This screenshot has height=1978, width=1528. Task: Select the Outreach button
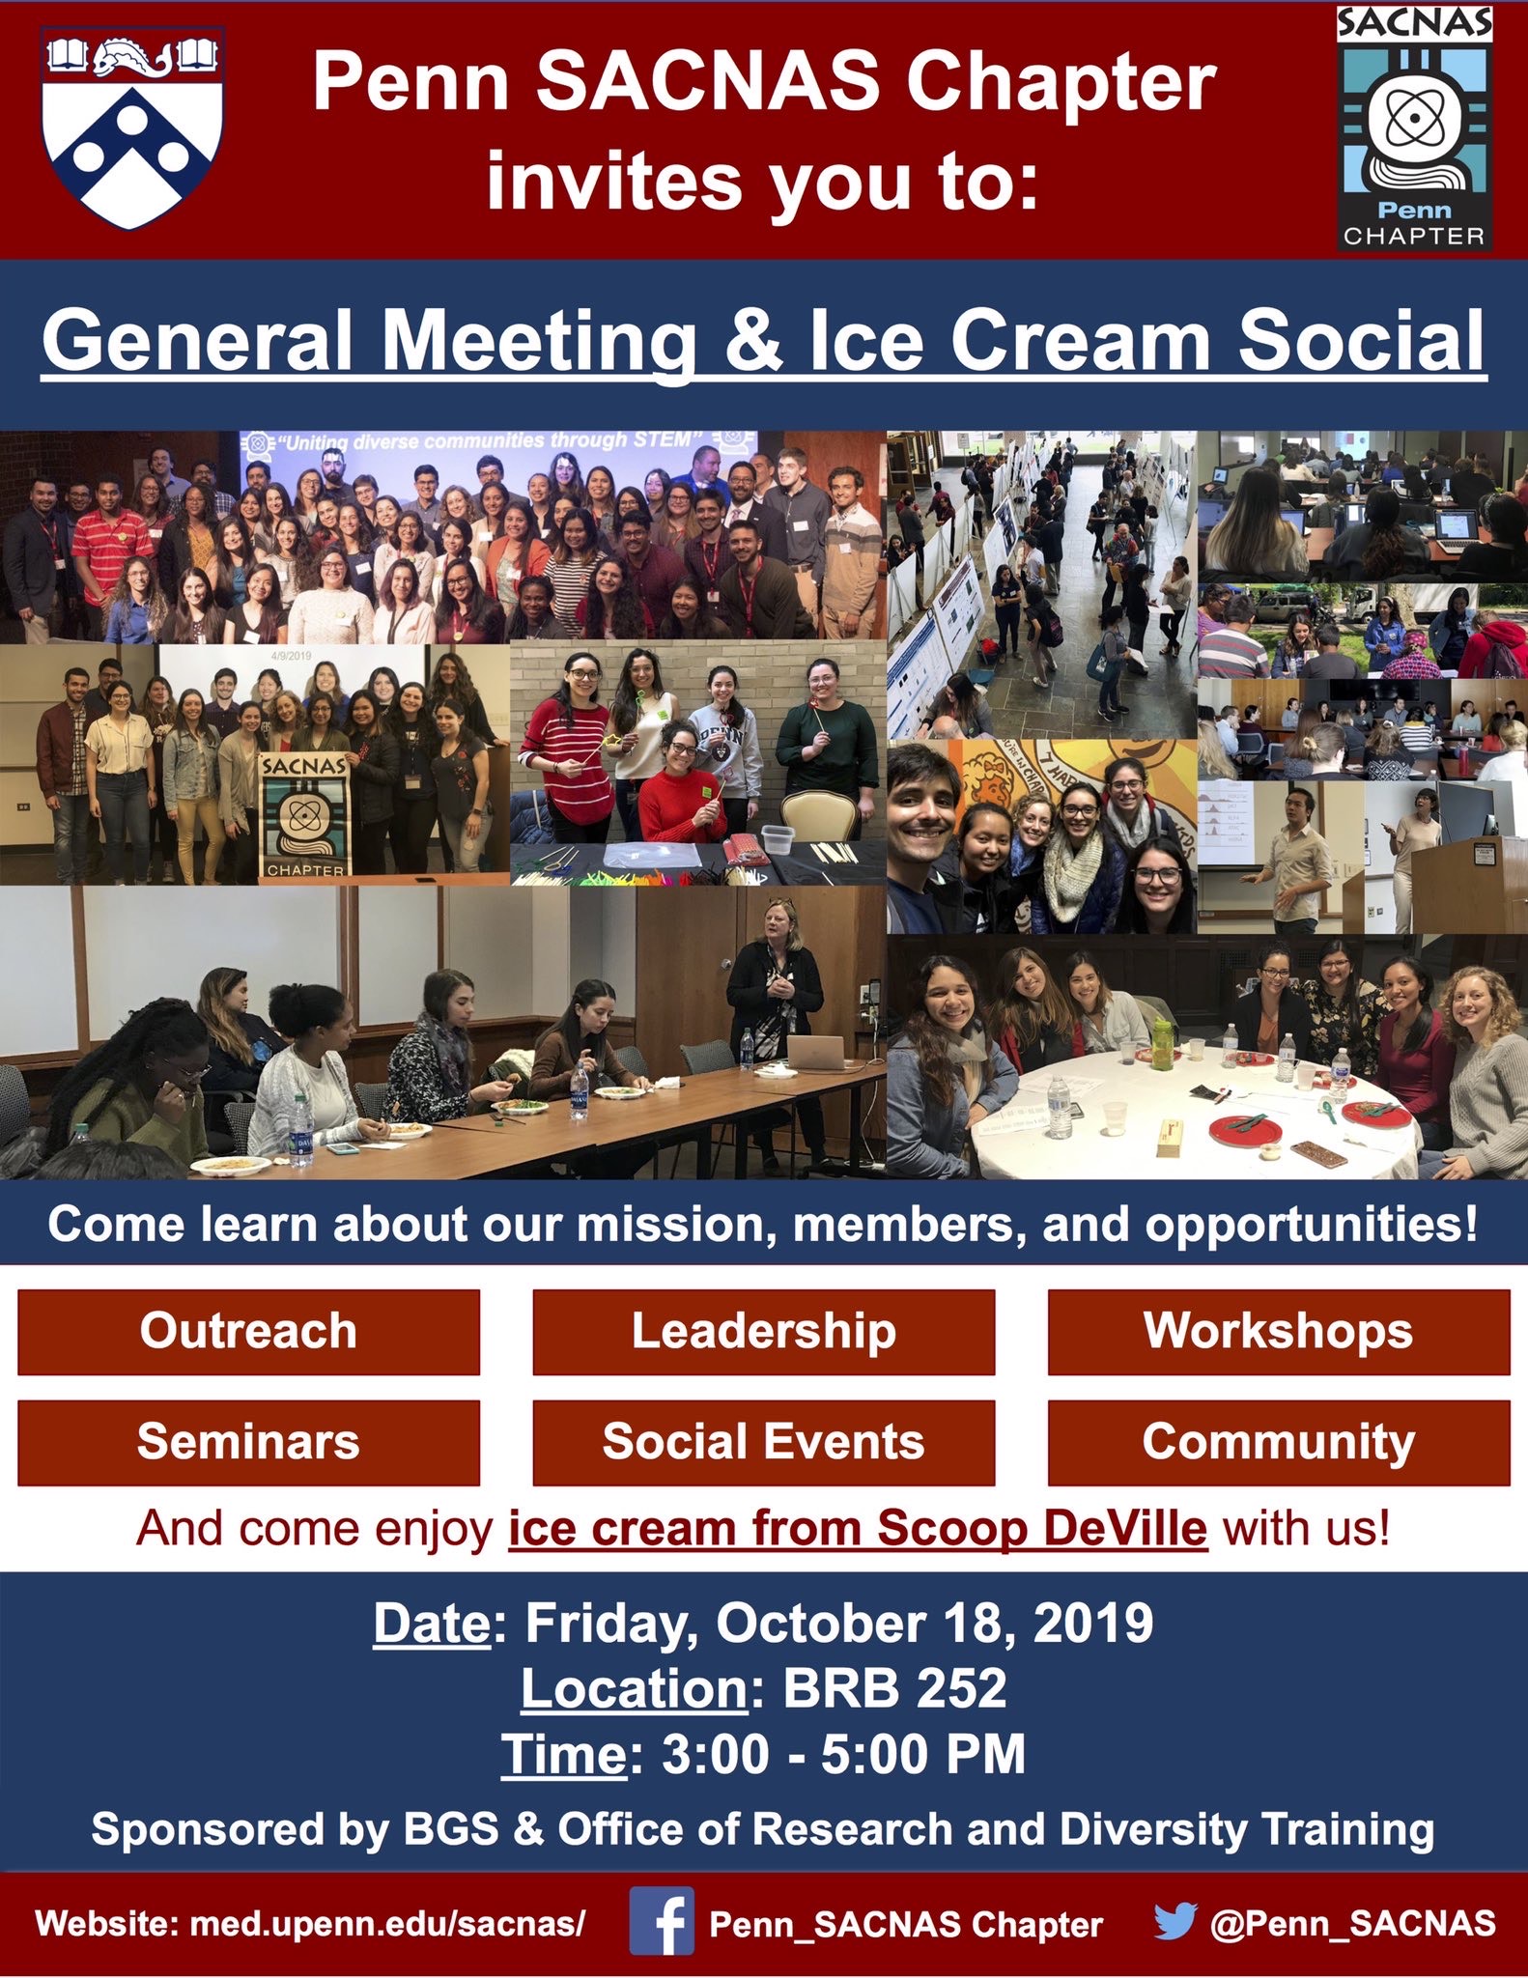click(x=248, y=1331)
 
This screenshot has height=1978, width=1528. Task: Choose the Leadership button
click(x=763, y=1331)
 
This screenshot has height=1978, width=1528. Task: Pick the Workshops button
click(x=1278, y=1331)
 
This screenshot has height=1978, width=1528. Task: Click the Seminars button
click(x=248, y=1442)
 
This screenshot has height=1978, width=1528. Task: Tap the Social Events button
click(x=763, y=1442)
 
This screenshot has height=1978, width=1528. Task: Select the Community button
click(x=1278, y=1442)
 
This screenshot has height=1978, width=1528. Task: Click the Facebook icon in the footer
click(x=662, y=1922)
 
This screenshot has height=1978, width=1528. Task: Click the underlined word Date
click(x=432, y=1623)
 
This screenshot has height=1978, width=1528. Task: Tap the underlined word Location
click(x=634, y=1688)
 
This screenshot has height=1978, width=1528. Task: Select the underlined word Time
click(x=564, y=1754)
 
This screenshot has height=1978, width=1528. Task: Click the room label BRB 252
click(x=894, y=1688)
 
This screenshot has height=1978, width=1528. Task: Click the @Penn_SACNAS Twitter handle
click(x=1352, y=1922)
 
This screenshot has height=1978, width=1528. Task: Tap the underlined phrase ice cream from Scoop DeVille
click(x=858, y=1529)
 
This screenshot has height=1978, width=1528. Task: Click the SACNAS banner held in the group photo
click(x=302, y=814)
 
